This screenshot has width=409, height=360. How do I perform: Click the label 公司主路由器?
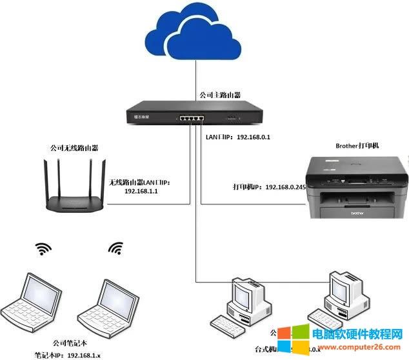pyautogui.click(x=220, y=95)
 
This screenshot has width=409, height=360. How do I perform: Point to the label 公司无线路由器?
pyautogui.click(x=74, y=148)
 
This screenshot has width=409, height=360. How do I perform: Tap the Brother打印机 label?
pyautogui.click(x=357, y=146)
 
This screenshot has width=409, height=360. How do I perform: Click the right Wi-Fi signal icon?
pyautogui.click(x=115, y=248)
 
